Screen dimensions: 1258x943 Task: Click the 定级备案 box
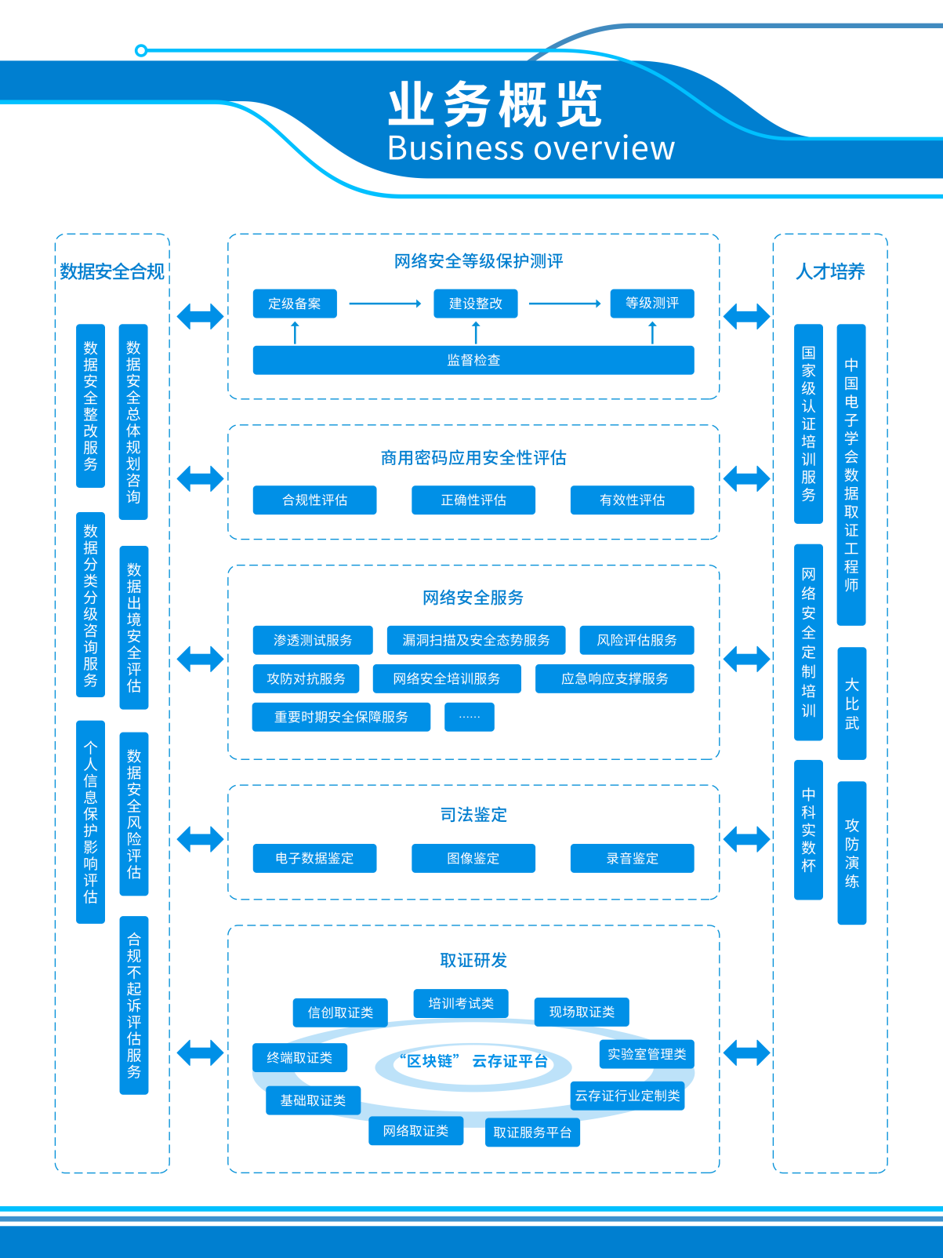tap(295, 304)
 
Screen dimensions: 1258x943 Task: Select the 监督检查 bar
tap(473, 360)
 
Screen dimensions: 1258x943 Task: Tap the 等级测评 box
tap(652, 304)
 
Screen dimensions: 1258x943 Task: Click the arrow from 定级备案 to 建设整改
tap(385, 304)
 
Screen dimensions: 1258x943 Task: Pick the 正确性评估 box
tap(473, 500)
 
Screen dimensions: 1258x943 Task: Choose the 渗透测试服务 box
tap(313, 640)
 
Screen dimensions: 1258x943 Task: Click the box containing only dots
tap(470, 717)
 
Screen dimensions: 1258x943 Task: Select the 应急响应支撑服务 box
tap(615, 678)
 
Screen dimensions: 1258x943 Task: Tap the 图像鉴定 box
tap(473, 858)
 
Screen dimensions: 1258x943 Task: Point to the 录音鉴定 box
tap(633, 858)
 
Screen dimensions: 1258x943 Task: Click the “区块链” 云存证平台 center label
tap(473, 1062)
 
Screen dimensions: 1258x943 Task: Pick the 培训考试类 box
tap(461, 1003)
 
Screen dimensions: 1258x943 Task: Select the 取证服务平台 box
tap(532, 1133)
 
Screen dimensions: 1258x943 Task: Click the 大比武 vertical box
tap(852, 704)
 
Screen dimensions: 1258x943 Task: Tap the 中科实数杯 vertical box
tap(809, 830)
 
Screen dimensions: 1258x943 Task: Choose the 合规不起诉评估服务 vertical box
tap(134, 1005)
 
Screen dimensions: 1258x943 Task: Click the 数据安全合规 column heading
tap(112, 272)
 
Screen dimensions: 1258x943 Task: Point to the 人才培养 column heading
tap(830, 272)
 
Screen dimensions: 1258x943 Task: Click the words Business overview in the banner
tap(531, 148)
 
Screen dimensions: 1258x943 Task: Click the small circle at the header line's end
tap(141, 51)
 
